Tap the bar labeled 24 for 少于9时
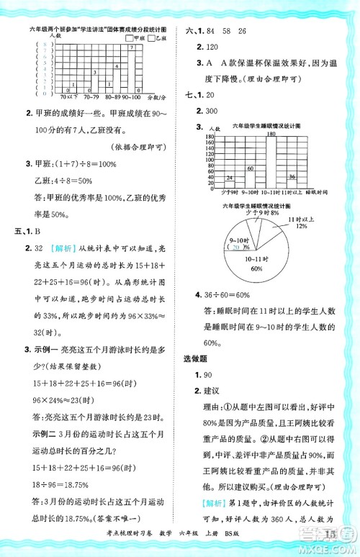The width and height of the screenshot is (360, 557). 230,184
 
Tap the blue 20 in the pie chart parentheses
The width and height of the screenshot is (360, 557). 235,246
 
